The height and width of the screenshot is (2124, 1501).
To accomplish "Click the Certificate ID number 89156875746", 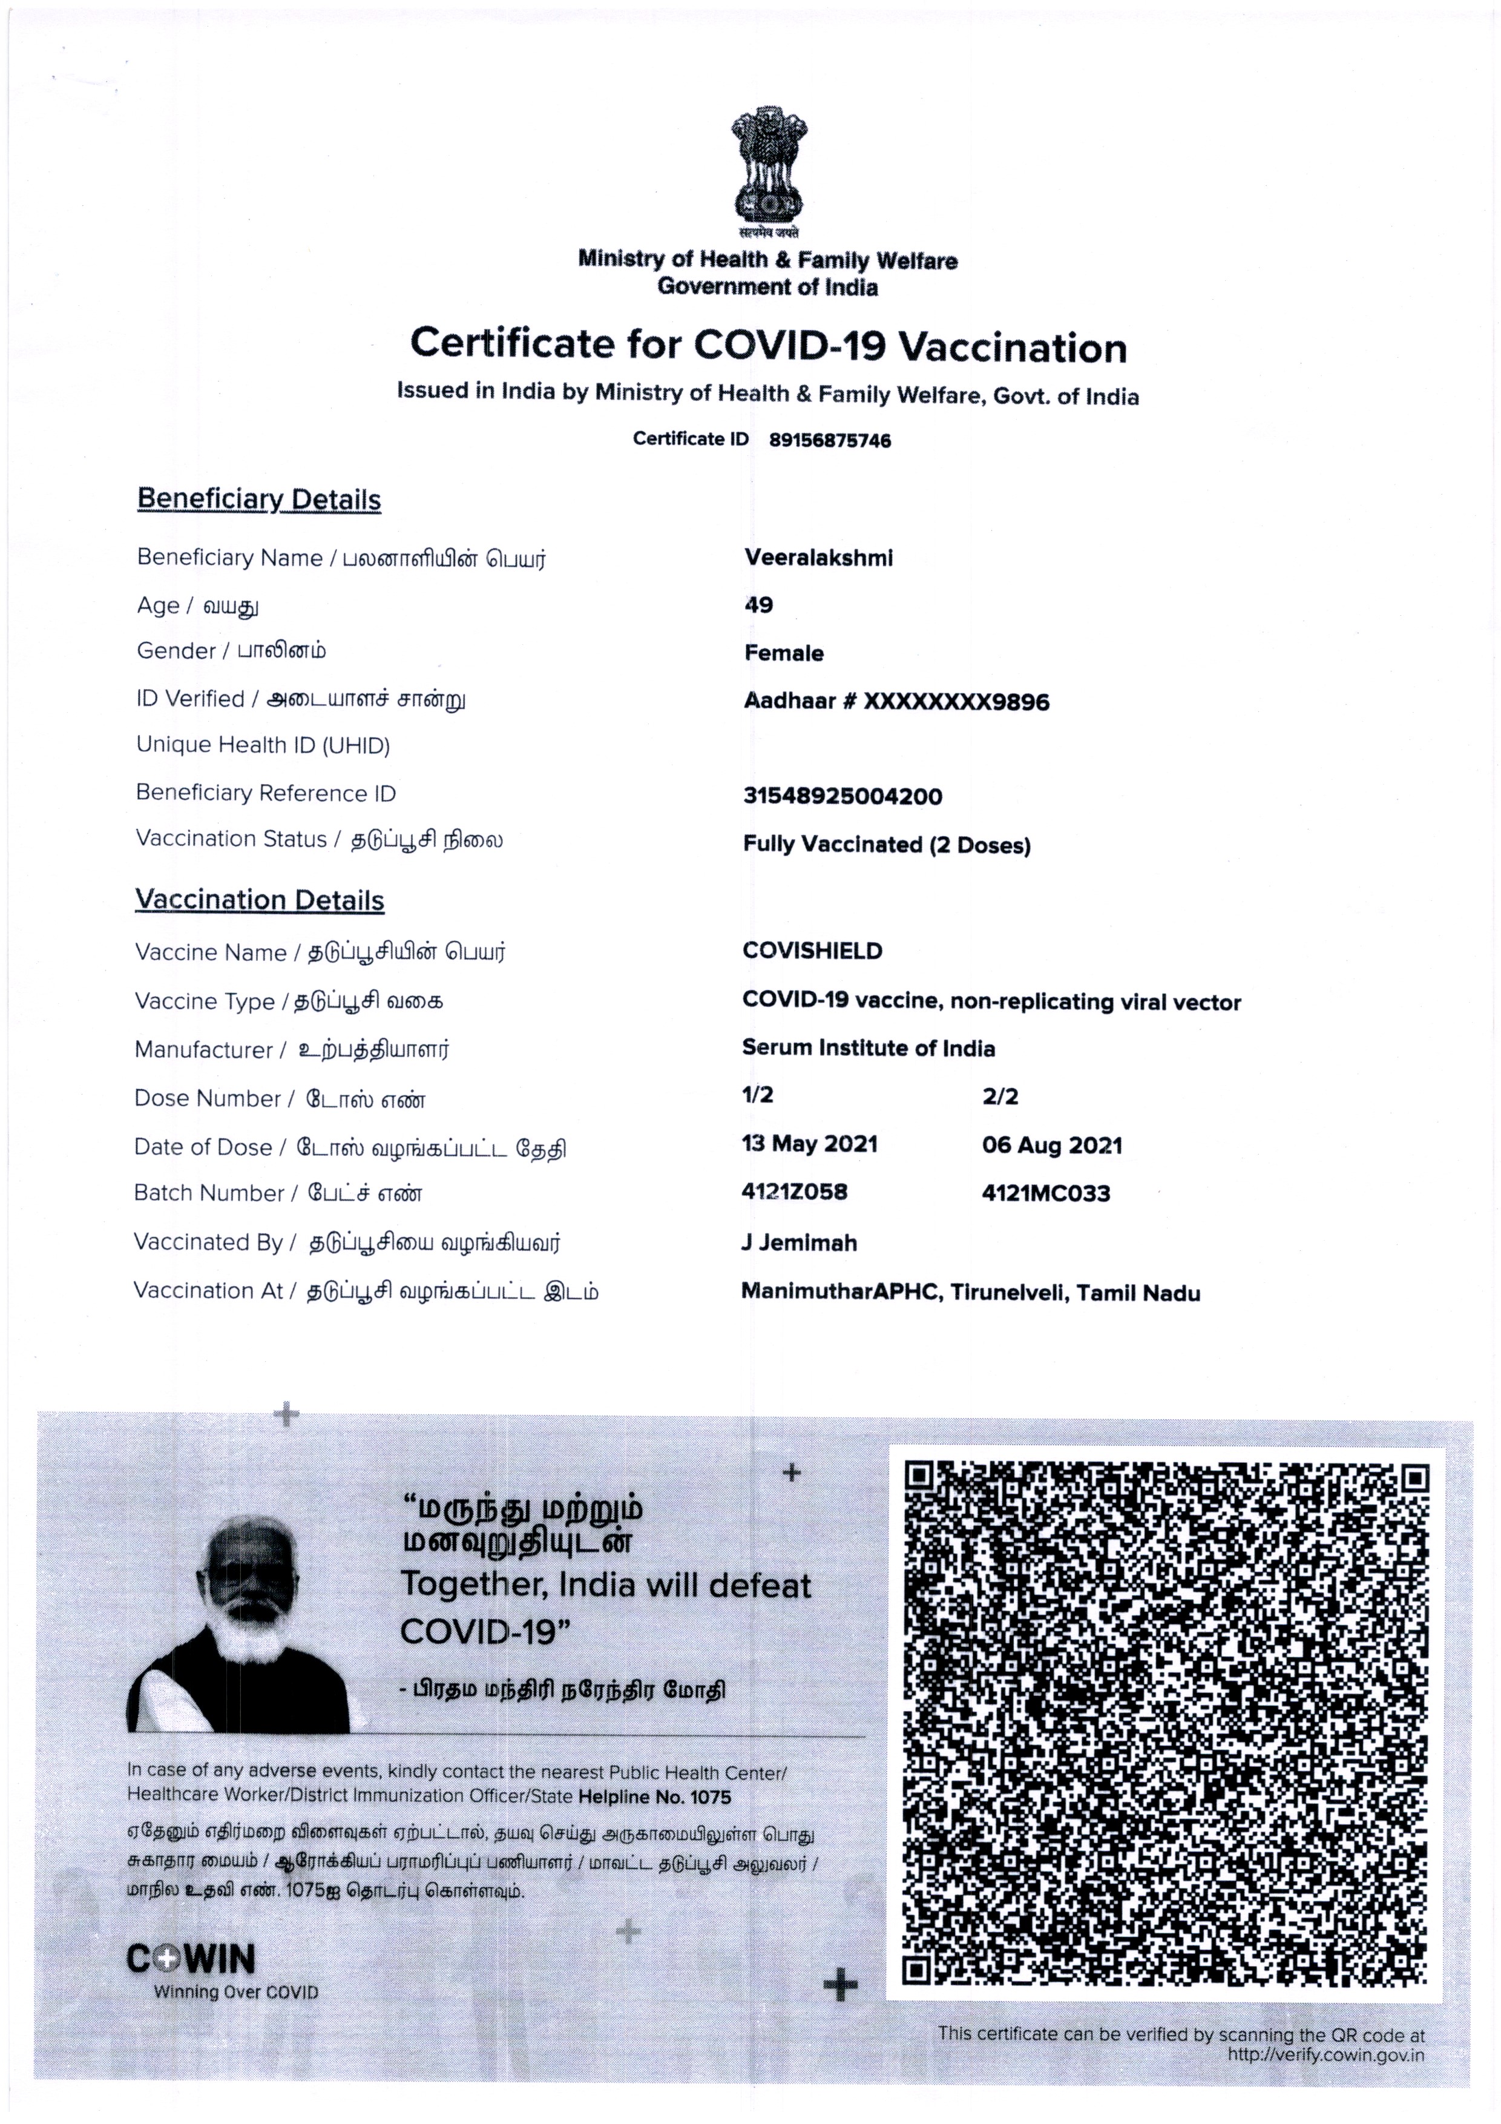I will coord(830,440).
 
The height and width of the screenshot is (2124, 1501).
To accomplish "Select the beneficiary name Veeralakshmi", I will coord(818,558).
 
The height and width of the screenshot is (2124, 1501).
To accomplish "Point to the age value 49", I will coord(758,605).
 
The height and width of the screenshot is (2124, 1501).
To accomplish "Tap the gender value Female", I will coord(783,653).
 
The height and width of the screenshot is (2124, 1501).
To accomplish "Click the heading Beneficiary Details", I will coord(259,500).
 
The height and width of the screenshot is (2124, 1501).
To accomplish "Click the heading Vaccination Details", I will coord(259,900).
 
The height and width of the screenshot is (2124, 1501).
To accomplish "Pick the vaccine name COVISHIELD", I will coord(812,951).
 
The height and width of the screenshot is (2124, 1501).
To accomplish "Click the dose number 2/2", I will coord(1000,1097).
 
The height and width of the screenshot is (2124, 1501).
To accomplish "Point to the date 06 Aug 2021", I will coord(1051,1146).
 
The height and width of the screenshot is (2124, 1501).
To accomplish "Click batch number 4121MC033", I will coord(1046,1193).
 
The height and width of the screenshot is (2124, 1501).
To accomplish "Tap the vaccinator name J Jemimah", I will coord(799,1242).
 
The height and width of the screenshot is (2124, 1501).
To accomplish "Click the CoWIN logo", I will coord(191,1959).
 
